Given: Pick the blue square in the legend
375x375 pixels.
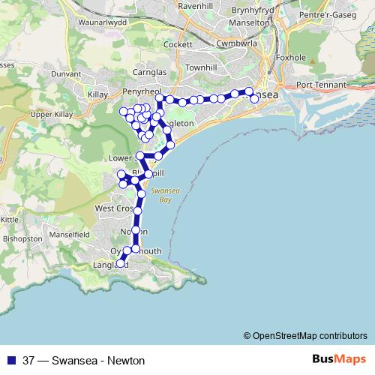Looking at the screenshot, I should click(10, 360).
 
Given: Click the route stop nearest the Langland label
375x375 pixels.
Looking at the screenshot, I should click(121, 263).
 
